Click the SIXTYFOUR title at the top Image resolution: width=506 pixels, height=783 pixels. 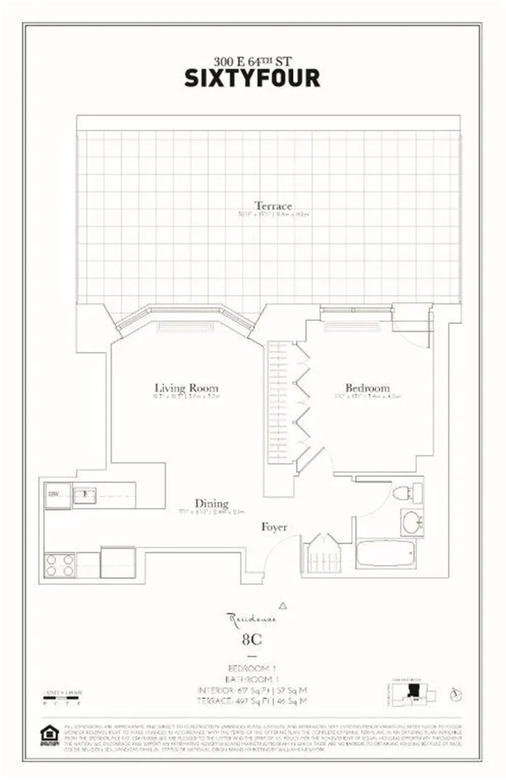[252, 77]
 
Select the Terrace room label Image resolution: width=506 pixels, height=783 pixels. [273, 205]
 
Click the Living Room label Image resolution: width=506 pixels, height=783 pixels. [187, 387]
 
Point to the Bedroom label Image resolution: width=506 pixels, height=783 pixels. [367, 387]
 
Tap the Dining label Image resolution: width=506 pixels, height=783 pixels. [212, 503]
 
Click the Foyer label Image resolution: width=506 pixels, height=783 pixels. [275, 526]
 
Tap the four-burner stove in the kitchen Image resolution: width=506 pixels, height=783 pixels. [59, 564]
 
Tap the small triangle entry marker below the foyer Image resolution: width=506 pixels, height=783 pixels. [283, 605]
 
